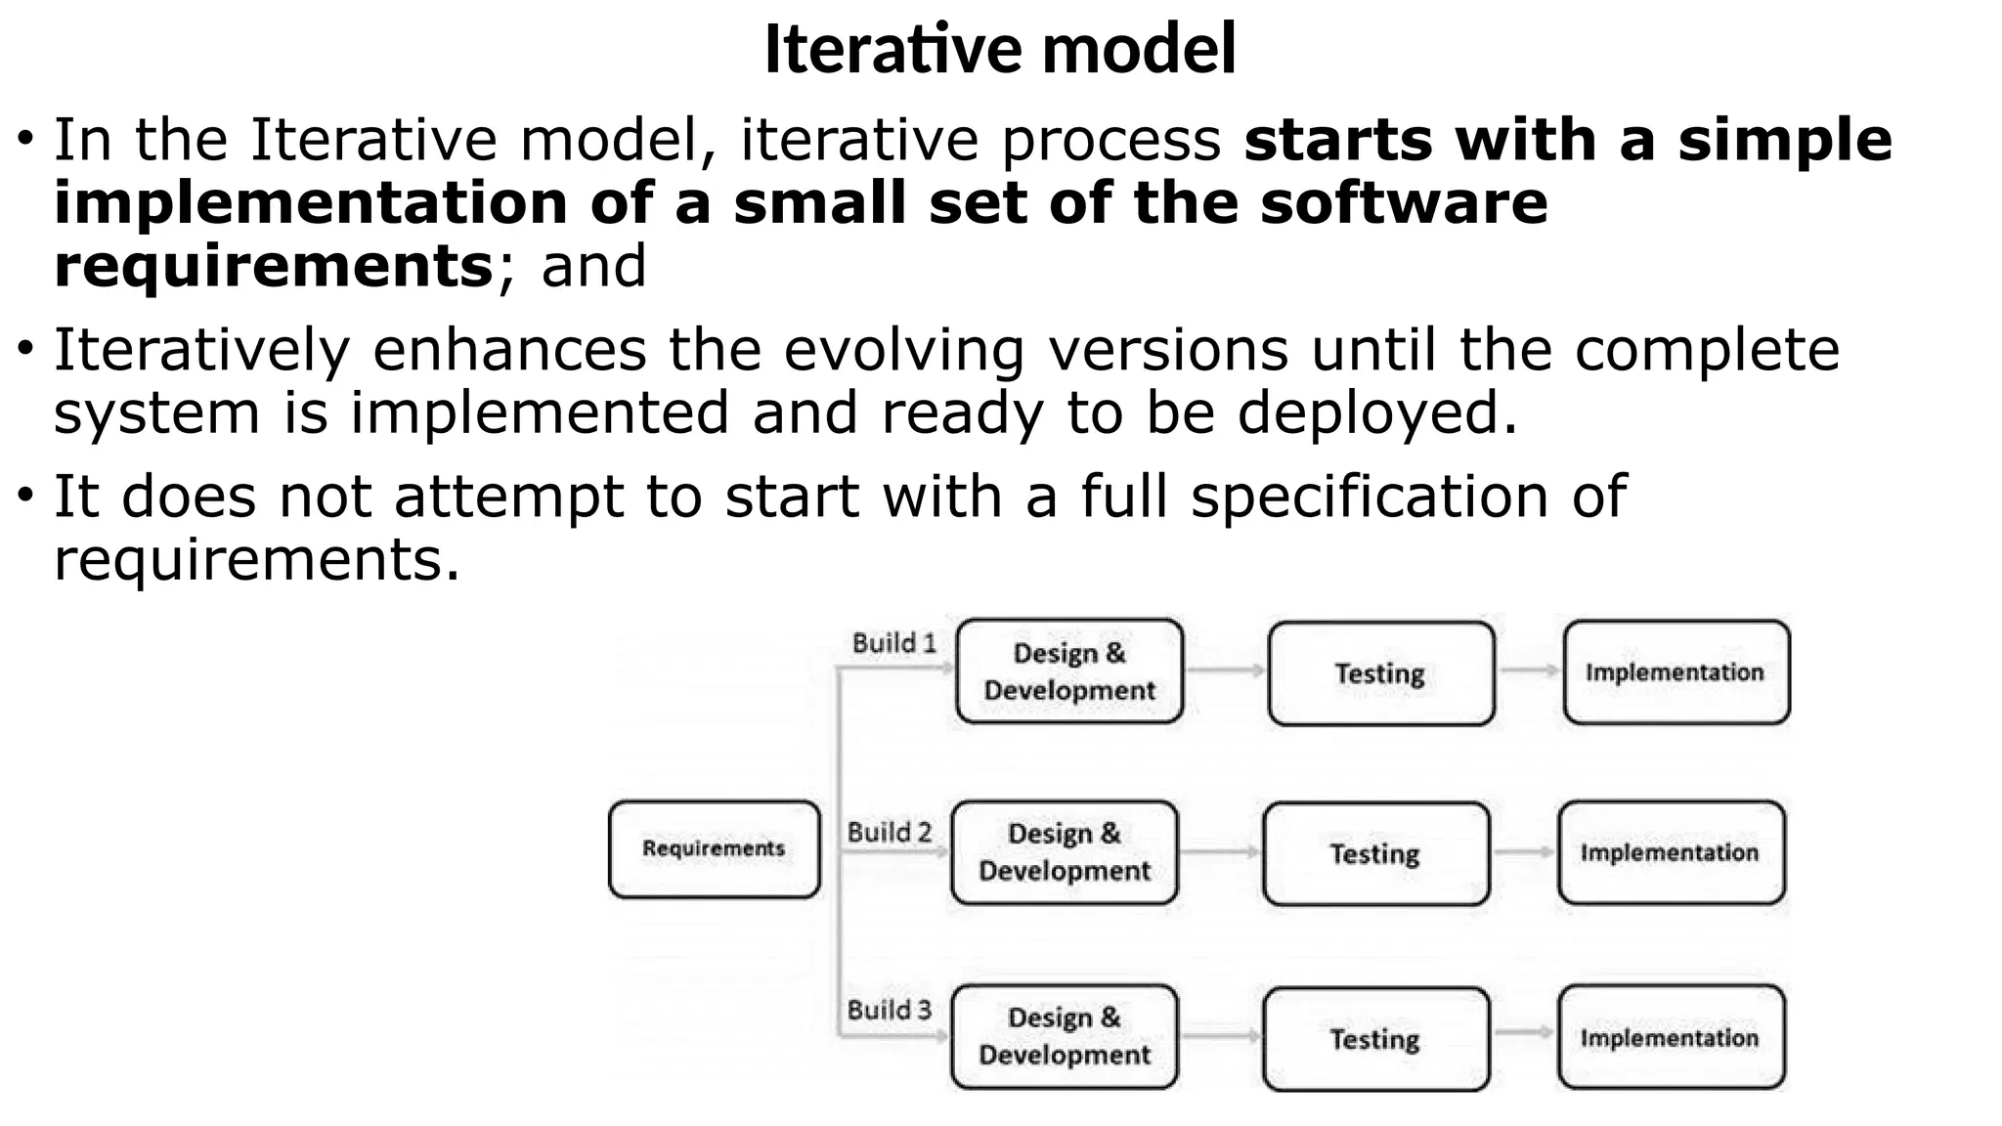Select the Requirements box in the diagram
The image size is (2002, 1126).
pyautogui.click(x=714, y=848)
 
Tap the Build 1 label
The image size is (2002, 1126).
pyautogui.click(x=893, y=643)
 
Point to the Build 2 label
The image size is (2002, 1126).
pyautogui.click(x=889, y=832)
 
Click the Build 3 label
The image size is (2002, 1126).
pyautogui.click(x=889, y=1010)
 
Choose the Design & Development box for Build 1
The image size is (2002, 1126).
pyautogui.click(x=1069, y=671)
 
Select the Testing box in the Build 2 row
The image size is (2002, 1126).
pyautogui.click(x=1375, y=853)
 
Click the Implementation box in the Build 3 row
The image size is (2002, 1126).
pyautogui.click(x=1671, y=1037)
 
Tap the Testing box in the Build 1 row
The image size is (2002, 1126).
pyautogui.click(x=1380, y=672)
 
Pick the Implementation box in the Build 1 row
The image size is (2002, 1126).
pyautogui.click(x=1676, y=671)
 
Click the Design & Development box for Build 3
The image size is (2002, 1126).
pyautogui.click(x=1065, y=1036)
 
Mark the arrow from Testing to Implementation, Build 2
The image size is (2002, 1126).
pyautogui.click(x=1523, y=852)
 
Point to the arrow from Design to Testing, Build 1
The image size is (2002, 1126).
pyautogui.click(x=1226, y=671)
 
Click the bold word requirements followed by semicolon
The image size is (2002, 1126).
pyautogui.click(x=273, y=266)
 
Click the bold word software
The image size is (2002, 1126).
pyautogui.click(x=1404, y=202)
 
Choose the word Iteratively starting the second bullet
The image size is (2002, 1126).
pyautogui.click(x=201, y=350)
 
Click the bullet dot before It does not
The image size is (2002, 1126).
pyautogui.click(x=25, y=494)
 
